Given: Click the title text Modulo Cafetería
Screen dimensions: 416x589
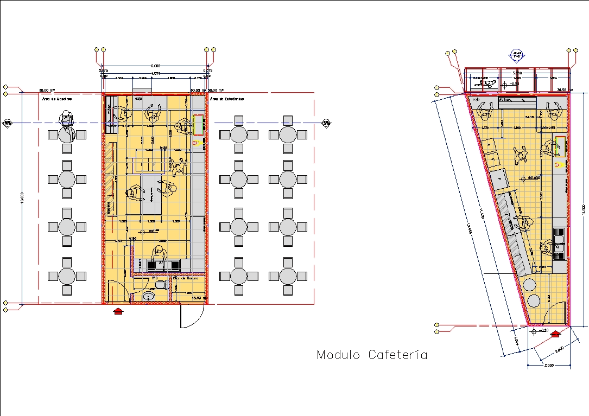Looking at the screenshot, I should (372, 355).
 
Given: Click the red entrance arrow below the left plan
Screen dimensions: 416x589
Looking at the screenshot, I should (118, 310).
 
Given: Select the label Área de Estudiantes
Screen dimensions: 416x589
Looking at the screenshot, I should (227, 99).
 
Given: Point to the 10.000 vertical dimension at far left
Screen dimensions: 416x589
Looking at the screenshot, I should (22, 198).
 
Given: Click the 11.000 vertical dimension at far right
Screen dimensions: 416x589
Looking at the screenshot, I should (584, 209).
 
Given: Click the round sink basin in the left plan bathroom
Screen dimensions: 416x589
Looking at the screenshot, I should (148, 296).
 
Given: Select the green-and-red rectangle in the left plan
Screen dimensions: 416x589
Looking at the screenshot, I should (198, 125).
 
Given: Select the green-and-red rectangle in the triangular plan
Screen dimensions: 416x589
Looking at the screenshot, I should (560, 147).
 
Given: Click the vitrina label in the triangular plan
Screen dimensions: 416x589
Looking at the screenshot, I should (505, 100).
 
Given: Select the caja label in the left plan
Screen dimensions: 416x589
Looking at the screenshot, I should (138, 99).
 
